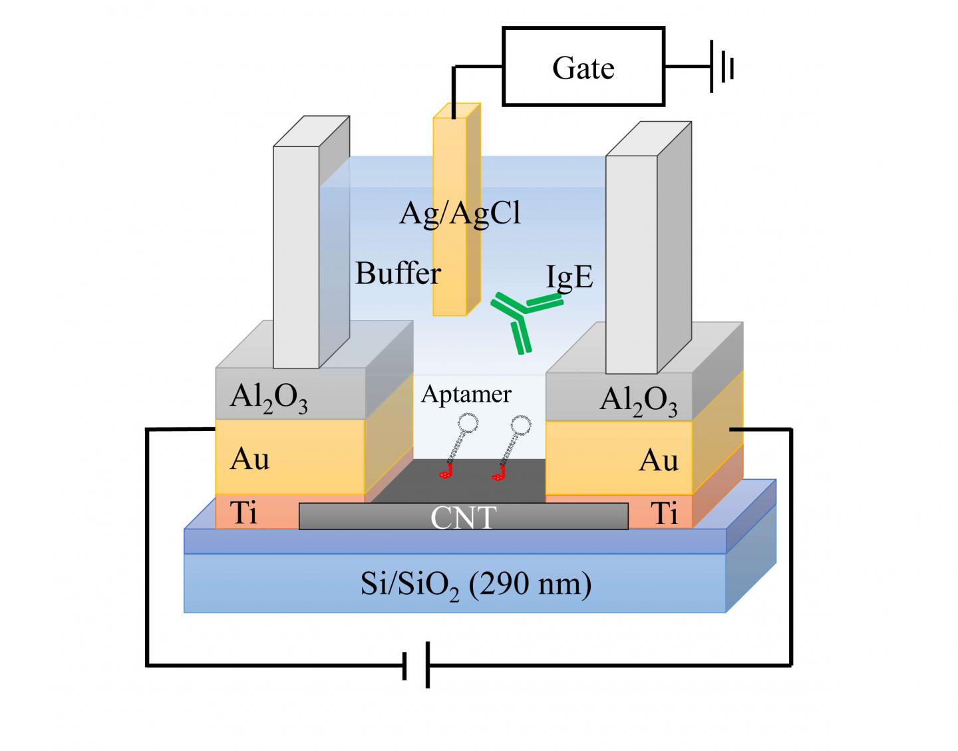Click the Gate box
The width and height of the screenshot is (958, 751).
(x=583, y=67)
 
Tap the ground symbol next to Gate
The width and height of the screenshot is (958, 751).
(x=723, y=67)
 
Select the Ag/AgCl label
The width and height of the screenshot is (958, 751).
(x=460, y=214)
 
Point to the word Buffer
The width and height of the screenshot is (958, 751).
(x=398, y=273)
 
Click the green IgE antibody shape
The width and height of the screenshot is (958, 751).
(x=523, y=319)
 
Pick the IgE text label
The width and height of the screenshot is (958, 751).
(x=569, y=277)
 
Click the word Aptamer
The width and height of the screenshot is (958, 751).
(x=466, y=394)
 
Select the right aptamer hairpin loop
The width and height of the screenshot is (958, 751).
(x=522, y=424)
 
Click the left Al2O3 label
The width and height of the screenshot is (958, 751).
(x=269, y=398)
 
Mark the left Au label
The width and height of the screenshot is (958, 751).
(x=249, y=459)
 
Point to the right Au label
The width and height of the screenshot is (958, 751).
(x=658, y=460)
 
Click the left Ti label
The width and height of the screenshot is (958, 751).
(x=243, y=513)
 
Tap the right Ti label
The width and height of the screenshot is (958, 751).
(x=665, y=514)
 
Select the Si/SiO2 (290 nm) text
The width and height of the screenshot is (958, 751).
(x=476, y=585)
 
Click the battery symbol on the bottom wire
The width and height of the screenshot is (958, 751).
(x=416, y=664)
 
